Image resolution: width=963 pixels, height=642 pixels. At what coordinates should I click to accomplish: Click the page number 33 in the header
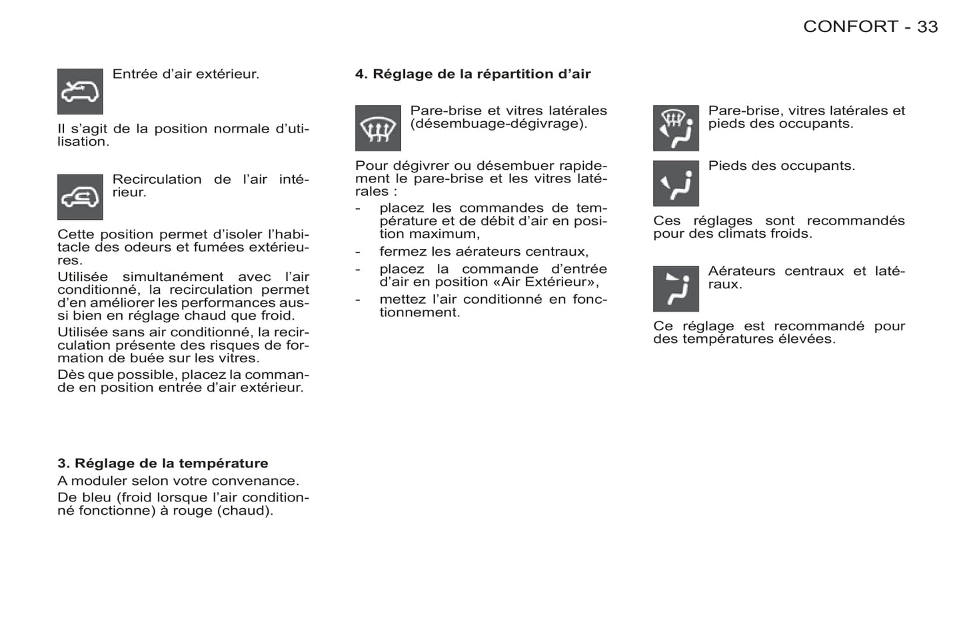click(x=927, y=27)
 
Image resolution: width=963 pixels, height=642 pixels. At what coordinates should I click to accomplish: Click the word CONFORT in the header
click(x=850, y=27)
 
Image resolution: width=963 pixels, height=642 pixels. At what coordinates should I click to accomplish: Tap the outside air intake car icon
click(x=80, y=91)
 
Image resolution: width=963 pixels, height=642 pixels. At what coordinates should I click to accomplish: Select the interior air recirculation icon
click(x=80, y=197)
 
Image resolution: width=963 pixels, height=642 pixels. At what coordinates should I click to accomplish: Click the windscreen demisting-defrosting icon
click(x=378, y=128)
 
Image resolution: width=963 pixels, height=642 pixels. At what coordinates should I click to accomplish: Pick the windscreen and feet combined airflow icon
click(x=676, y=128)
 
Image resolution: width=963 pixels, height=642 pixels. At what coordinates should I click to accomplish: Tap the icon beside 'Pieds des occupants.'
click(x=676, y=183)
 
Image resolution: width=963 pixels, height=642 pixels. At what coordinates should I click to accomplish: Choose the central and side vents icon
click(x=676, y=288)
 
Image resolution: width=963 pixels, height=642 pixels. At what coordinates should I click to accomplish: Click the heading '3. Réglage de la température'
click(x=163, y=464)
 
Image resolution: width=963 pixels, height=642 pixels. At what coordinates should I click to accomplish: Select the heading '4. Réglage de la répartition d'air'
click(x=473, y=74)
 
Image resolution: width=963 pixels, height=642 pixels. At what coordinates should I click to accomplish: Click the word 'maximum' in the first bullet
click(x=444, y=234)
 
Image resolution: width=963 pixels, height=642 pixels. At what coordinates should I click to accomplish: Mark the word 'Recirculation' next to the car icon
click(x=157, y=179)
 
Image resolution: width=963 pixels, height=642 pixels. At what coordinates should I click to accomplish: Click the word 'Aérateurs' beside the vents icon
click(x=741, y=271)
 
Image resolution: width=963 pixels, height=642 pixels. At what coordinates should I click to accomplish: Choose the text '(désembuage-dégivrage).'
click(x=498, y=124)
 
